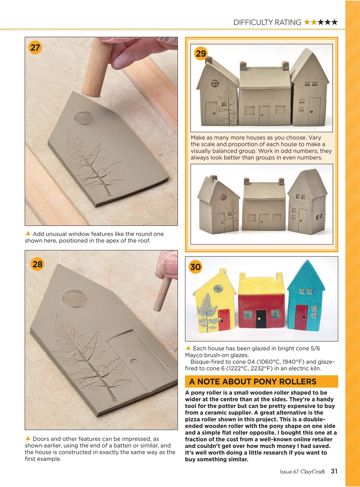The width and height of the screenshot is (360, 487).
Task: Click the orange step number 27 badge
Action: [35, 48]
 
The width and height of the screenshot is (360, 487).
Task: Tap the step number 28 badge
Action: [37, 264]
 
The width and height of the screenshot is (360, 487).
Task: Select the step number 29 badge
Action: [201, 54]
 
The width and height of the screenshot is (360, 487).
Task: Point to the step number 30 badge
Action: [195, 267]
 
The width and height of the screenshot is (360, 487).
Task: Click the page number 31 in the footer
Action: [334, 471]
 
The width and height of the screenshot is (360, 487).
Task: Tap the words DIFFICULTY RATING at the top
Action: [267, 22]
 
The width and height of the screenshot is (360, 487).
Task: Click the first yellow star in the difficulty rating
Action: [307, 22]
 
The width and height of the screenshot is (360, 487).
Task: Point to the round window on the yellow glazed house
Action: [218, 289]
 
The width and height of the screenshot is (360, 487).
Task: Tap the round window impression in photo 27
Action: [84, 118]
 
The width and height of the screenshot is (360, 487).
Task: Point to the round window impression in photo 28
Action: [75, 298]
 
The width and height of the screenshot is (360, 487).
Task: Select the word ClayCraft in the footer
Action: [312, 472]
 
